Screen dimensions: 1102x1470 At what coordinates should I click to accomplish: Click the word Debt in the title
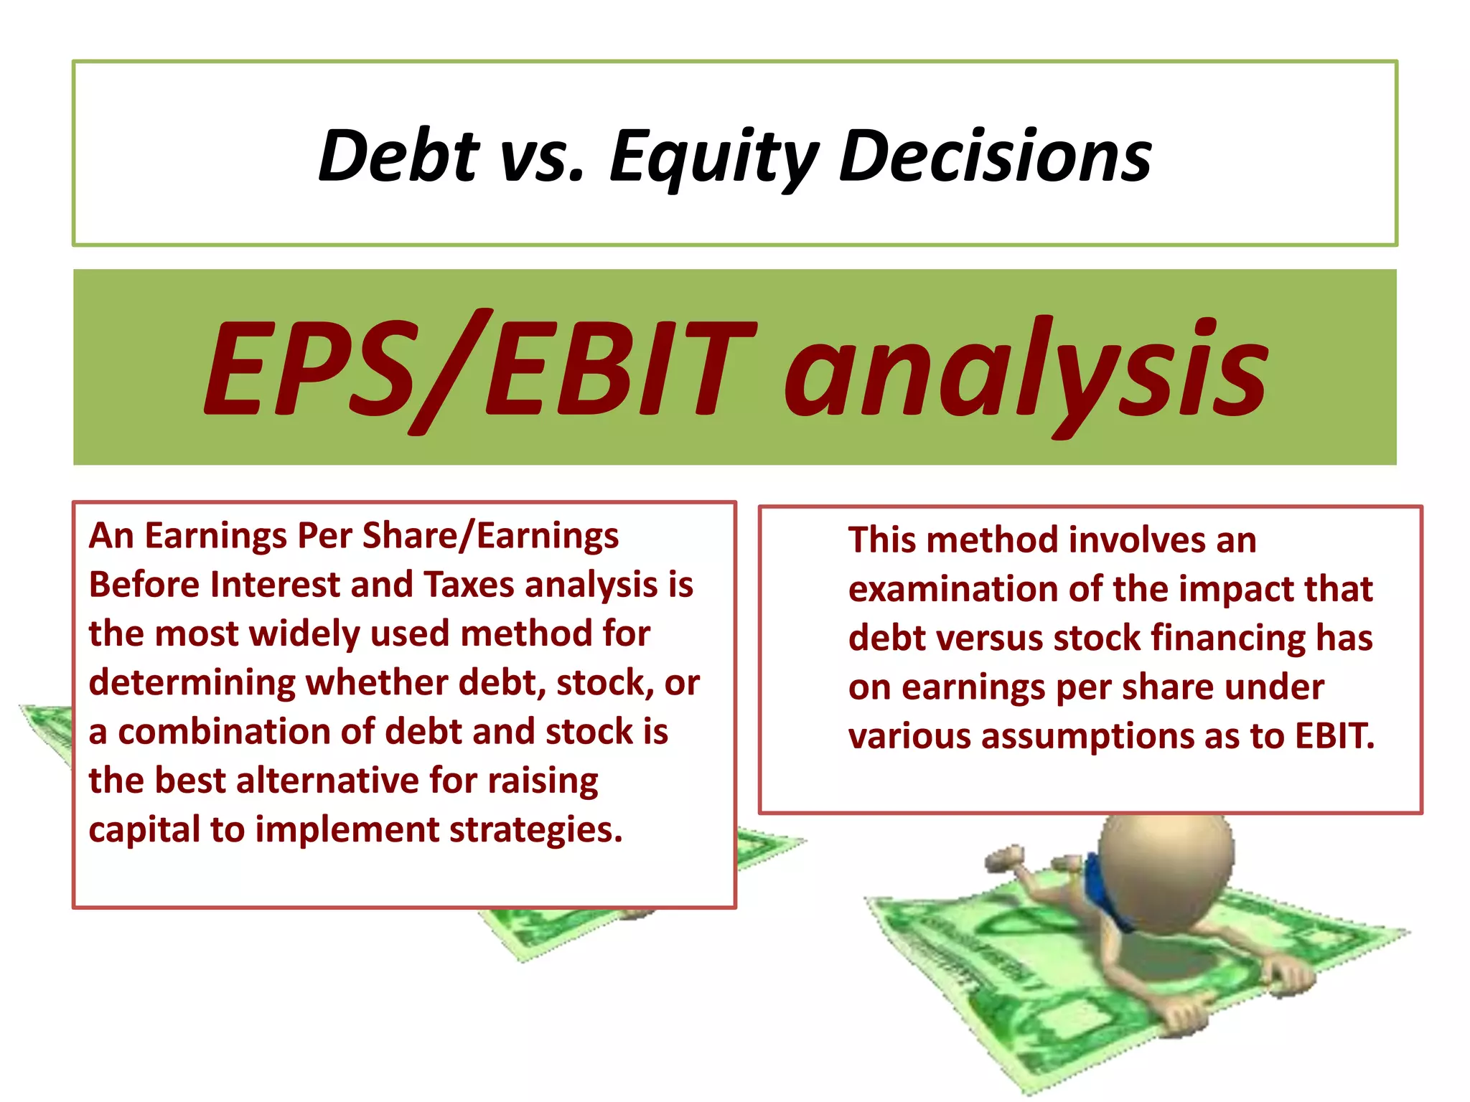399,156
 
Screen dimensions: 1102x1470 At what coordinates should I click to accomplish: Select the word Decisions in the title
995,156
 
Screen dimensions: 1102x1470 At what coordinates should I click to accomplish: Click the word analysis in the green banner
1026,369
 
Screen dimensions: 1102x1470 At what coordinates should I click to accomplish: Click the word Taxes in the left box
468,585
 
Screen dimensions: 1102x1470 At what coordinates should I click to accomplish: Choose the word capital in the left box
144,831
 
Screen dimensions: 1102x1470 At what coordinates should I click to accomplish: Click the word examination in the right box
952,590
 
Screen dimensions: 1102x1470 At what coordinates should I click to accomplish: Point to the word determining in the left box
192,683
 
